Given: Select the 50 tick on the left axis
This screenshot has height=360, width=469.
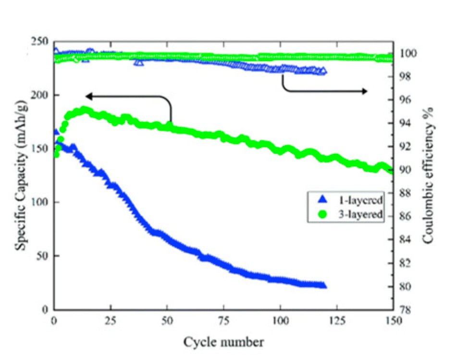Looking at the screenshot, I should tap(43, 256).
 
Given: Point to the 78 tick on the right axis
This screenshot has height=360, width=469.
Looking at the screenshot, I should tap(404, 310).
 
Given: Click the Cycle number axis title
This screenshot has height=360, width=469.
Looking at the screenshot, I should tap(223, 342).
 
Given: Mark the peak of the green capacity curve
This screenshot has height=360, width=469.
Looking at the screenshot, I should tap(85, 110).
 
